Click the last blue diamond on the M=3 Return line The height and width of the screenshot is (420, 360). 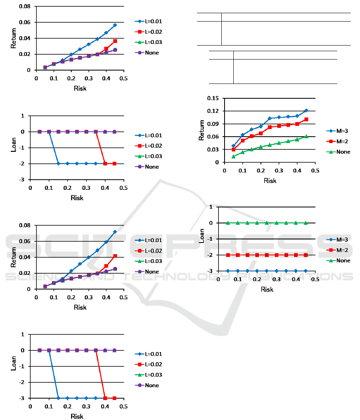[x=306, y=110]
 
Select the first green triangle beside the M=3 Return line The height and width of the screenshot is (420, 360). [x=233, y=156]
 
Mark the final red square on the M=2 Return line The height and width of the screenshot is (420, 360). [x=306, y=119]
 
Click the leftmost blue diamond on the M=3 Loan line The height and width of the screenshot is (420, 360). [x=228, y=271]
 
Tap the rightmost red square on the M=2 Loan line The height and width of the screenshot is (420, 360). [x=306, y=255]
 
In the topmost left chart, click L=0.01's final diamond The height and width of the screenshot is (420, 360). [x=115, y=25]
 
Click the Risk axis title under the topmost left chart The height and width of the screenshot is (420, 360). [x=80, y=88]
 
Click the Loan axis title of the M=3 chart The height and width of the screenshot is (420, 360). [x=202, y=239]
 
